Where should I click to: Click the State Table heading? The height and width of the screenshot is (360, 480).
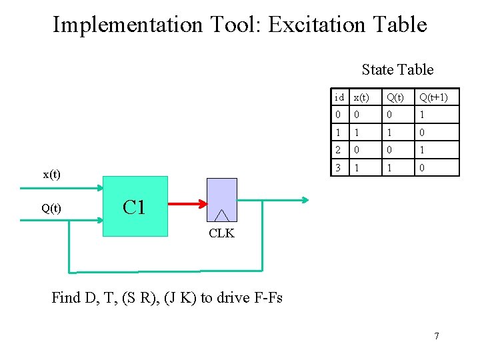click(397, 69)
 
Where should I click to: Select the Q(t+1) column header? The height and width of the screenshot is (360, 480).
click(433, 97)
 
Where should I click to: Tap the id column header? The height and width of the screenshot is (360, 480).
click(339, 97)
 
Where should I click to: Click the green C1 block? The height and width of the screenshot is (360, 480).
click(135, 206)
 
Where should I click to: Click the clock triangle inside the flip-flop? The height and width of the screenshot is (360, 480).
click(222, 214)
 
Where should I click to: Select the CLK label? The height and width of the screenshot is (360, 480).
click(221, 233)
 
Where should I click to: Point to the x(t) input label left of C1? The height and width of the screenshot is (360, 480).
click(51, 175)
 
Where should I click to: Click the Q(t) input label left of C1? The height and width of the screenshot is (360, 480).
click(51, 208)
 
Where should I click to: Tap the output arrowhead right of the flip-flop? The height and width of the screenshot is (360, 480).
click(304, 199)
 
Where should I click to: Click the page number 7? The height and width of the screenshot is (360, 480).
click(437, 336)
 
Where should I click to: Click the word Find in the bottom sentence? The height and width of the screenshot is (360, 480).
click(67, 297)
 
